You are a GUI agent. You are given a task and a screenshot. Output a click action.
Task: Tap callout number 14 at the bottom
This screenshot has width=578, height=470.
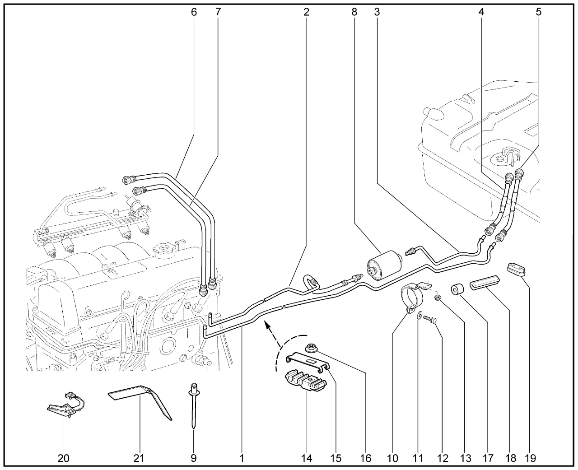pos(307,458)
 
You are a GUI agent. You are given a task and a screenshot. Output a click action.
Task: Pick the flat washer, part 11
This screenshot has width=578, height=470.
pos(420,315)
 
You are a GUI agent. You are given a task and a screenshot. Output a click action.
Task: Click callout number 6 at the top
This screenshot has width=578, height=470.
pos(194,12)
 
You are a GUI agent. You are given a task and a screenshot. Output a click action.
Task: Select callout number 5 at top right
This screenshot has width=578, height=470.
pos(539,12)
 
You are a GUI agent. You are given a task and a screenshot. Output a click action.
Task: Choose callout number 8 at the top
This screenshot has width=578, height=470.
pos(354,12)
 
